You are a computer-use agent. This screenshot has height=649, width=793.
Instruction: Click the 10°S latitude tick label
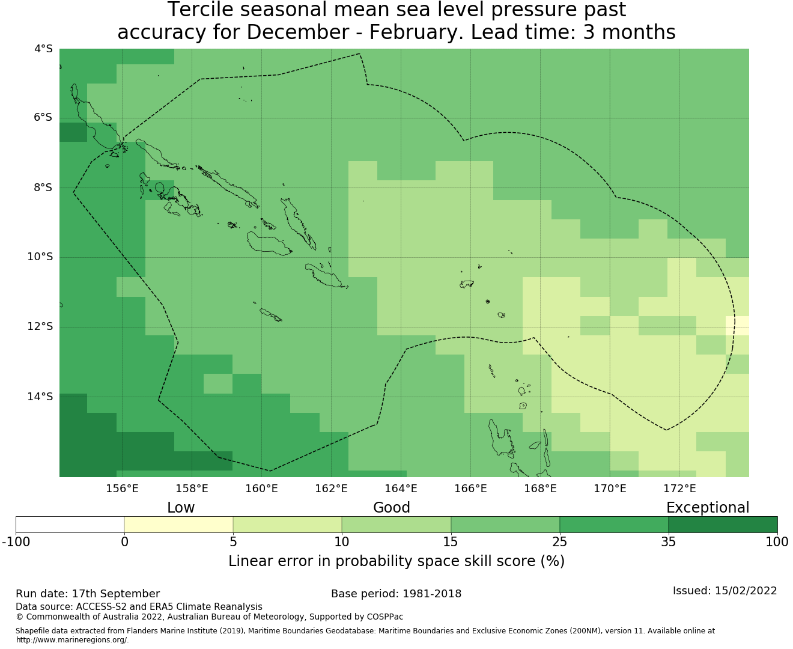coord(40,257)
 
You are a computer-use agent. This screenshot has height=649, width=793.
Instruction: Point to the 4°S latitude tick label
coord(43,49)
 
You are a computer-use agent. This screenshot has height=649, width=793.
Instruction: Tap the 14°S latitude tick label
coord(40,397)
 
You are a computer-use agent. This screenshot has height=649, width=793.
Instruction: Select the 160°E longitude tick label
coord(261,489)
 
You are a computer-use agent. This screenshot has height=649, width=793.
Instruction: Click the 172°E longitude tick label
coord(679,489)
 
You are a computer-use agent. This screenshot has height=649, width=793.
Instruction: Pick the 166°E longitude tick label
coord(470,489)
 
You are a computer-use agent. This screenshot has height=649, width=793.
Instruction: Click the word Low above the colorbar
coord(181,508)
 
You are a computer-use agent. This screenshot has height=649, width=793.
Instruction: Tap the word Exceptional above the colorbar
coord(708,508)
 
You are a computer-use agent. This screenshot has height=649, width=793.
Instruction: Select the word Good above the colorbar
coord(392,508)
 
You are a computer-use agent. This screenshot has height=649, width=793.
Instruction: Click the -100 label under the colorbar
coord(16,542)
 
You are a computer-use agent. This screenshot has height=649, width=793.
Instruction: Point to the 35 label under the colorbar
coord(669,542)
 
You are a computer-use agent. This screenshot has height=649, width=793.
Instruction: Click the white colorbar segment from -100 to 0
coord(70,525)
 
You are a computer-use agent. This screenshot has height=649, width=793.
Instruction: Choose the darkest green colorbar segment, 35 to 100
coord(723,525)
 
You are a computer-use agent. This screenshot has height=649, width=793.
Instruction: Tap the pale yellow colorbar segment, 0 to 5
coord(178,525)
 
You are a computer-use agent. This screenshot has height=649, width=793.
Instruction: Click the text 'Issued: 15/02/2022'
coord(725,591)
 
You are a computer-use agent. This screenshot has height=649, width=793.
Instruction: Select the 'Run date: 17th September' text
coord(88,594)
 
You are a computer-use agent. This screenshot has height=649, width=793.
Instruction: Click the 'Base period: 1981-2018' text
coord(396,594)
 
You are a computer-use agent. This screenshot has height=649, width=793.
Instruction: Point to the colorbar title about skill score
coord(396,561)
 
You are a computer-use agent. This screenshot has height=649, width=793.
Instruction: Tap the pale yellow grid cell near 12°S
coord(737,326)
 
